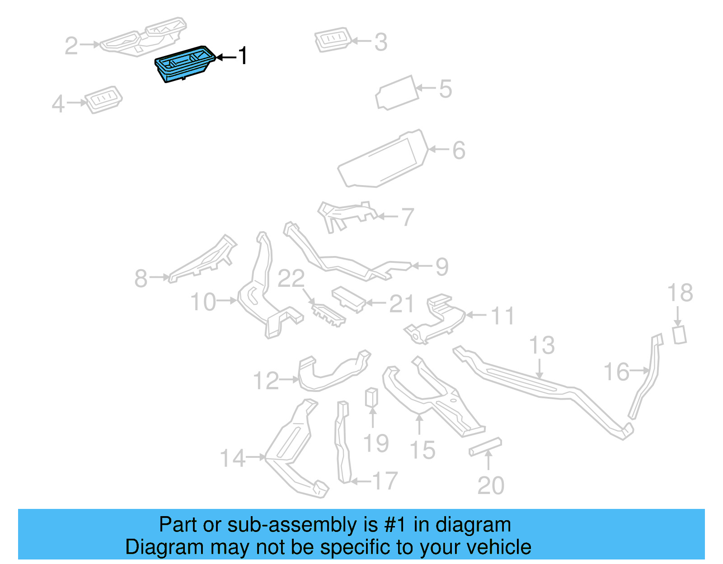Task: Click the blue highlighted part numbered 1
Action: pyautogui.click(x=183, y=64)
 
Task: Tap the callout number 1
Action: pyautogui.click(x=243, y=56)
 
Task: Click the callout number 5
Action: pyautogui.click(x=445, y=89)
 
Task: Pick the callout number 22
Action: pyautogui.click(x=291, y=279)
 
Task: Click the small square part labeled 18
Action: pyautogui.click(x=680, y=335)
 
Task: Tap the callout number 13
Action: pyautogui.click(x=541, y=345)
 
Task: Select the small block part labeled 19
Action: pyautogui.click(x=371, y=397)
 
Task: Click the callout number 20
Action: pyautogui.click(x=491, y=486)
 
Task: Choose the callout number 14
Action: pyautogui.click(x=232, y=458)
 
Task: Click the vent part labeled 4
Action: pyautogui.click(x=104, y=99)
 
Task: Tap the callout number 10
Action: pyautogui.click(x=203, y=302)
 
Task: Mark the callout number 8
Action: pyautogui.click(x=141, y=278)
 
